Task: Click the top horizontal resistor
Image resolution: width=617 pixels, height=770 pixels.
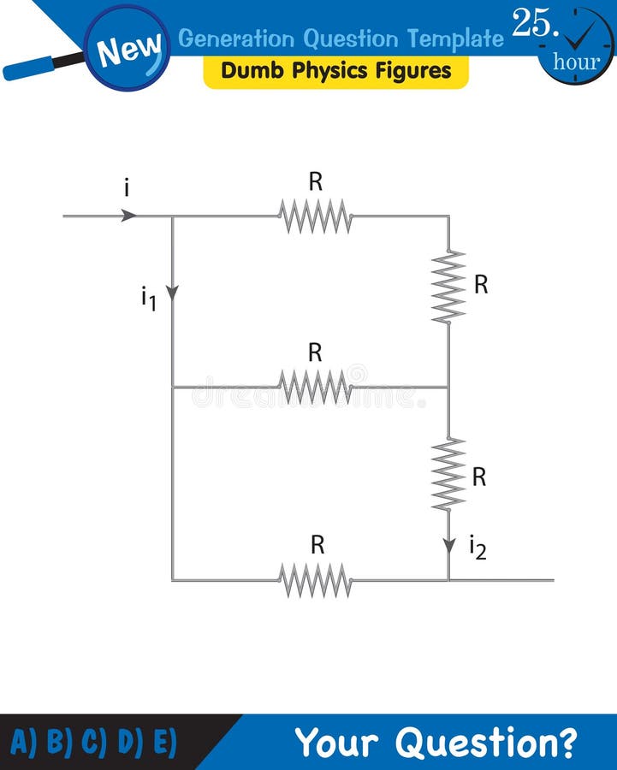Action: click(x=315, y=216)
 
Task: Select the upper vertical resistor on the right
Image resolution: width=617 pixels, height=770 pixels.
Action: click(x=448, y=287)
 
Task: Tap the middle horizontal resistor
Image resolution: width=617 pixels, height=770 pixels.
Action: click(x=315, y=387)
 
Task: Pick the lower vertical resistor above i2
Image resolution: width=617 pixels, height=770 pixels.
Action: click(x=448, y=474)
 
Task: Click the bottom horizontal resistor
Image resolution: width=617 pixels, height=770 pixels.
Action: click(x=315, y=580)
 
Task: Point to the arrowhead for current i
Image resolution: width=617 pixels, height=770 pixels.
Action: click(x=128, y=216)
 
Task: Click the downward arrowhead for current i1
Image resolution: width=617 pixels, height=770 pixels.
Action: click(x=172, y=293)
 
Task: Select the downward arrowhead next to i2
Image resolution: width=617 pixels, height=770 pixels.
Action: click(x=449, y=546)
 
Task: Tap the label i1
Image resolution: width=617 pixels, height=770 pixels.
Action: click(x=148, y=299)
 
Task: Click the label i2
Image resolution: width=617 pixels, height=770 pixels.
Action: click(x=478, y=548)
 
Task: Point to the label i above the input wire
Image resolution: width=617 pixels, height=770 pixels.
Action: click(x=127, y=188)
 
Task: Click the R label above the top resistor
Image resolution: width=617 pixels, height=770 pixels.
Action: click(x=316, y=181)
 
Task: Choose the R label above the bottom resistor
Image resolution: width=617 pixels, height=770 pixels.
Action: click(x=317, y=545)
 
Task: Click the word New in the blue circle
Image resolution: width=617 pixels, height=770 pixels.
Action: click(x=128, y=50)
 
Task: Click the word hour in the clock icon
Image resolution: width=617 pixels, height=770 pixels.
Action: click(x=576, y=62)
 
